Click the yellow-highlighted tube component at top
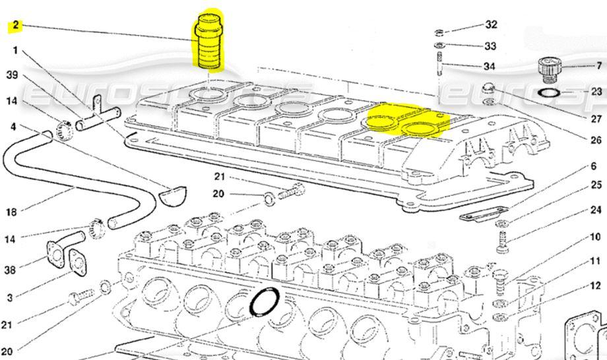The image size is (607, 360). (x=208, y=41)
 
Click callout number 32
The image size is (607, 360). (x=491, y=25)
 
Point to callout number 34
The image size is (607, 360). (x=489, y=67)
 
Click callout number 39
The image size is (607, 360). (x=12, y=75)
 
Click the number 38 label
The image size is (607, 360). (x=11, y=270)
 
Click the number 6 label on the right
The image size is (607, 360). (x=594, y=167)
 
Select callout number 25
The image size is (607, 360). (x=596, y=185)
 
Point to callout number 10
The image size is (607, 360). (x=594, y=236)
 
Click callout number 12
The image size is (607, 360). (x=595, y=285)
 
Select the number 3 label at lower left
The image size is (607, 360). (x=11, y=298)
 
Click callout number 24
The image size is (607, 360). (x=596, y=210)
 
